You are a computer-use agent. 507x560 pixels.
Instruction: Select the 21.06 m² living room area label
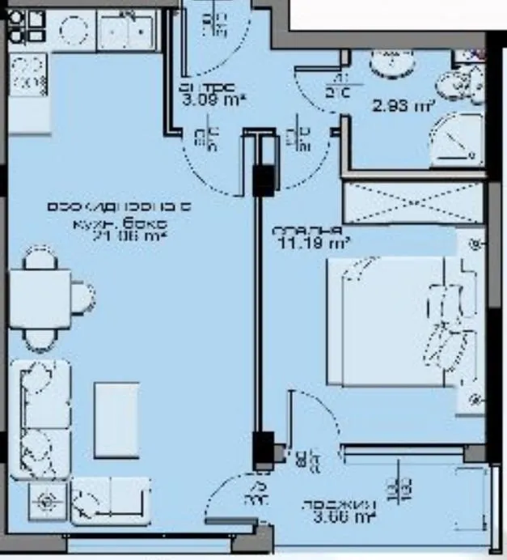coord(119,236)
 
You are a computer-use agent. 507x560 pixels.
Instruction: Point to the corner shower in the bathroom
coord(456,140)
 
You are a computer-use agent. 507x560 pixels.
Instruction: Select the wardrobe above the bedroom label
coord(413,202)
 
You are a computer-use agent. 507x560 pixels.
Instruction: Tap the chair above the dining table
coord(39,260)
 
